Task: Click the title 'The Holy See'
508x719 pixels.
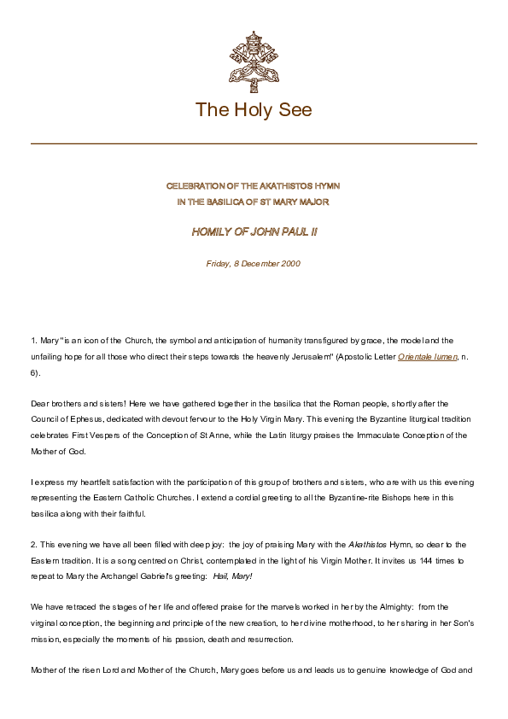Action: (x=254, y=109)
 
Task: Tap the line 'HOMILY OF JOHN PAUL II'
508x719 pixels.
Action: (x=254, y=231)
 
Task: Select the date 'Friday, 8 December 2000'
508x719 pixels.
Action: (x=254, y=264)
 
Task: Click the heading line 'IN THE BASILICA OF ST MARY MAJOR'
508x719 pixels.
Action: (x=254, y=201)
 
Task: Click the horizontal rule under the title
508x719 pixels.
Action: (x=254, y=143)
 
